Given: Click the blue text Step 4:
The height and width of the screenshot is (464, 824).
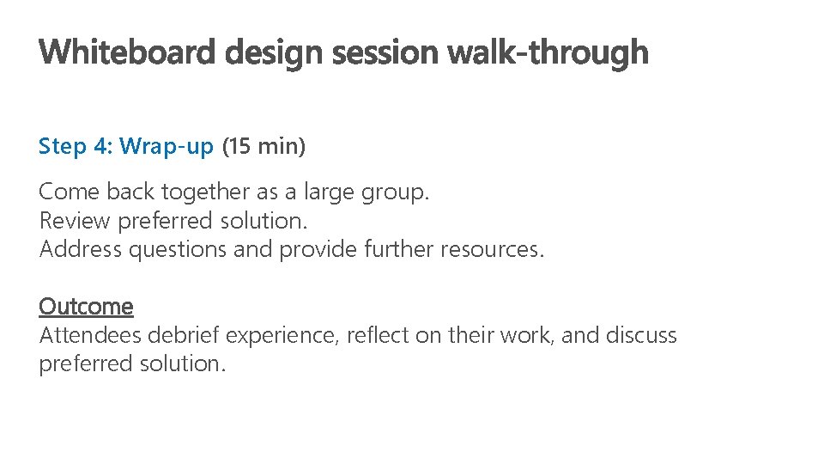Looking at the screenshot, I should (x=76, y=147).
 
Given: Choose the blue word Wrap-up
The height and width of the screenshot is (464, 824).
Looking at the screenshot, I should (x=167, y=147).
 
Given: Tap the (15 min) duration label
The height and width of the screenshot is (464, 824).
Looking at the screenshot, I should (x=264, y=147).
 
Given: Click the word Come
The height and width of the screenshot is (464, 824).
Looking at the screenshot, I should (x=69, y=192).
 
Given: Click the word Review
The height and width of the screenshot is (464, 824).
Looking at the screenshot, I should (x=75, y=222).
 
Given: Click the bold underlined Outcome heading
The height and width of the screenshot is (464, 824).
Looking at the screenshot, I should (x=86, y=307).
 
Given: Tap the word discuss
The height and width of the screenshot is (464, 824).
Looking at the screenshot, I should (x=641, y=335).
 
